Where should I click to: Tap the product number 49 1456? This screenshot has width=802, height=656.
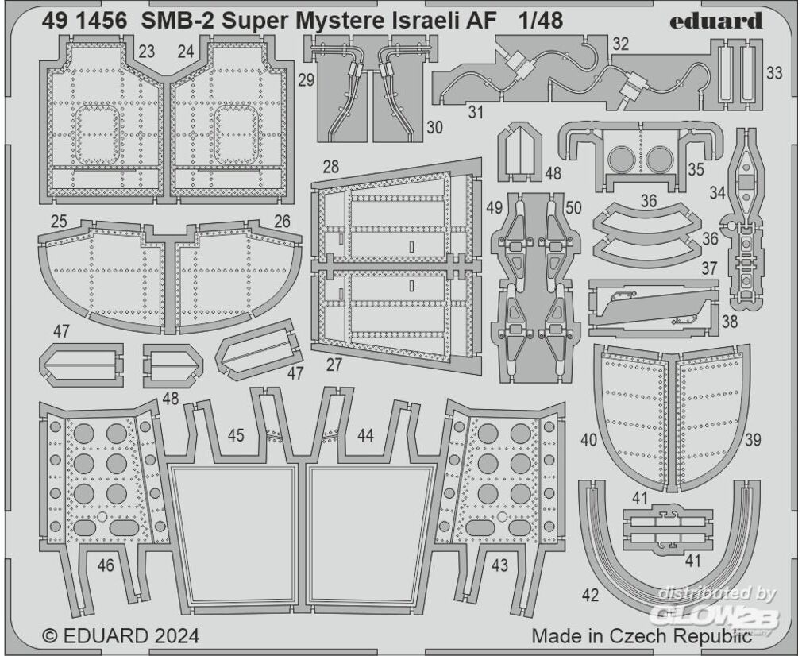[x=85, y=21]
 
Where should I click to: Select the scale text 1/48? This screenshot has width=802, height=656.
[x=540, y=21]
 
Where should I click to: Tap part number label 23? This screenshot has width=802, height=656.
[x=146, y=52]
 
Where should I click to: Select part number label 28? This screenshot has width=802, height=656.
[x=331, y=167]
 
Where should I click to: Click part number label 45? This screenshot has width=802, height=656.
[x=236, y=435]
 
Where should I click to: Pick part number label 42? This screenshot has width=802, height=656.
[x=590, y=595]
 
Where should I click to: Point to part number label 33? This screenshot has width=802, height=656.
[x=774, y=73]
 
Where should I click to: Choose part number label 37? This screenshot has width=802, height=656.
[x=709, y=268]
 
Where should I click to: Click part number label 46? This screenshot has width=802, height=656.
[x=106, y=565]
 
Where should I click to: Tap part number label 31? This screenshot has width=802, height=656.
[x=476, y=112]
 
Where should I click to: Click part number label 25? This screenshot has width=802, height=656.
[x=60, y=222]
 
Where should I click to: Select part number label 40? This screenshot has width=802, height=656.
[x=589, y=439]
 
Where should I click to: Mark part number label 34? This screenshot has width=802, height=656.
[x=718, y=193]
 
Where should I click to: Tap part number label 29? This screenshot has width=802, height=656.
[x=306, y=80]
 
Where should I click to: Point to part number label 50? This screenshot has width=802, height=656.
[x=573, y=208]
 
